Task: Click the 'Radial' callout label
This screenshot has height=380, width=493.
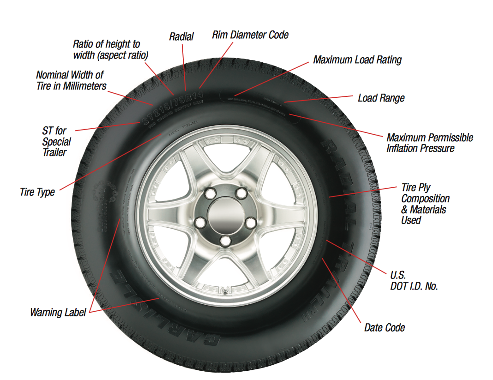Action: (181, 36)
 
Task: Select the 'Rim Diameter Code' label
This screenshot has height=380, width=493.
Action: (250, 35)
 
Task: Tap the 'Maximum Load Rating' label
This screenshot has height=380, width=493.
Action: (357, 60)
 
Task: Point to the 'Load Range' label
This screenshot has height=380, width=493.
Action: (381, 98)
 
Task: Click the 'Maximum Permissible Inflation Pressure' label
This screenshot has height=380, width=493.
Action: (429, 143)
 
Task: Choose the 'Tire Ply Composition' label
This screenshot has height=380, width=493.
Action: (425, 204)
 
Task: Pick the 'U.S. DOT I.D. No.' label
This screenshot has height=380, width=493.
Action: (414, 281)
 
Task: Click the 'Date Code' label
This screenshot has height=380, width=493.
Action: (384, 328)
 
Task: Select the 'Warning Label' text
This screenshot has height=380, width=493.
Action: (58, 313)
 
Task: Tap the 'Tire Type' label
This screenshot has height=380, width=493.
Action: (37, 192)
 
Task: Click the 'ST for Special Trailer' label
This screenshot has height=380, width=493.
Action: (56, 142)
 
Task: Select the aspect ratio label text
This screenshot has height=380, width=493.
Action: (110, 50)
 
